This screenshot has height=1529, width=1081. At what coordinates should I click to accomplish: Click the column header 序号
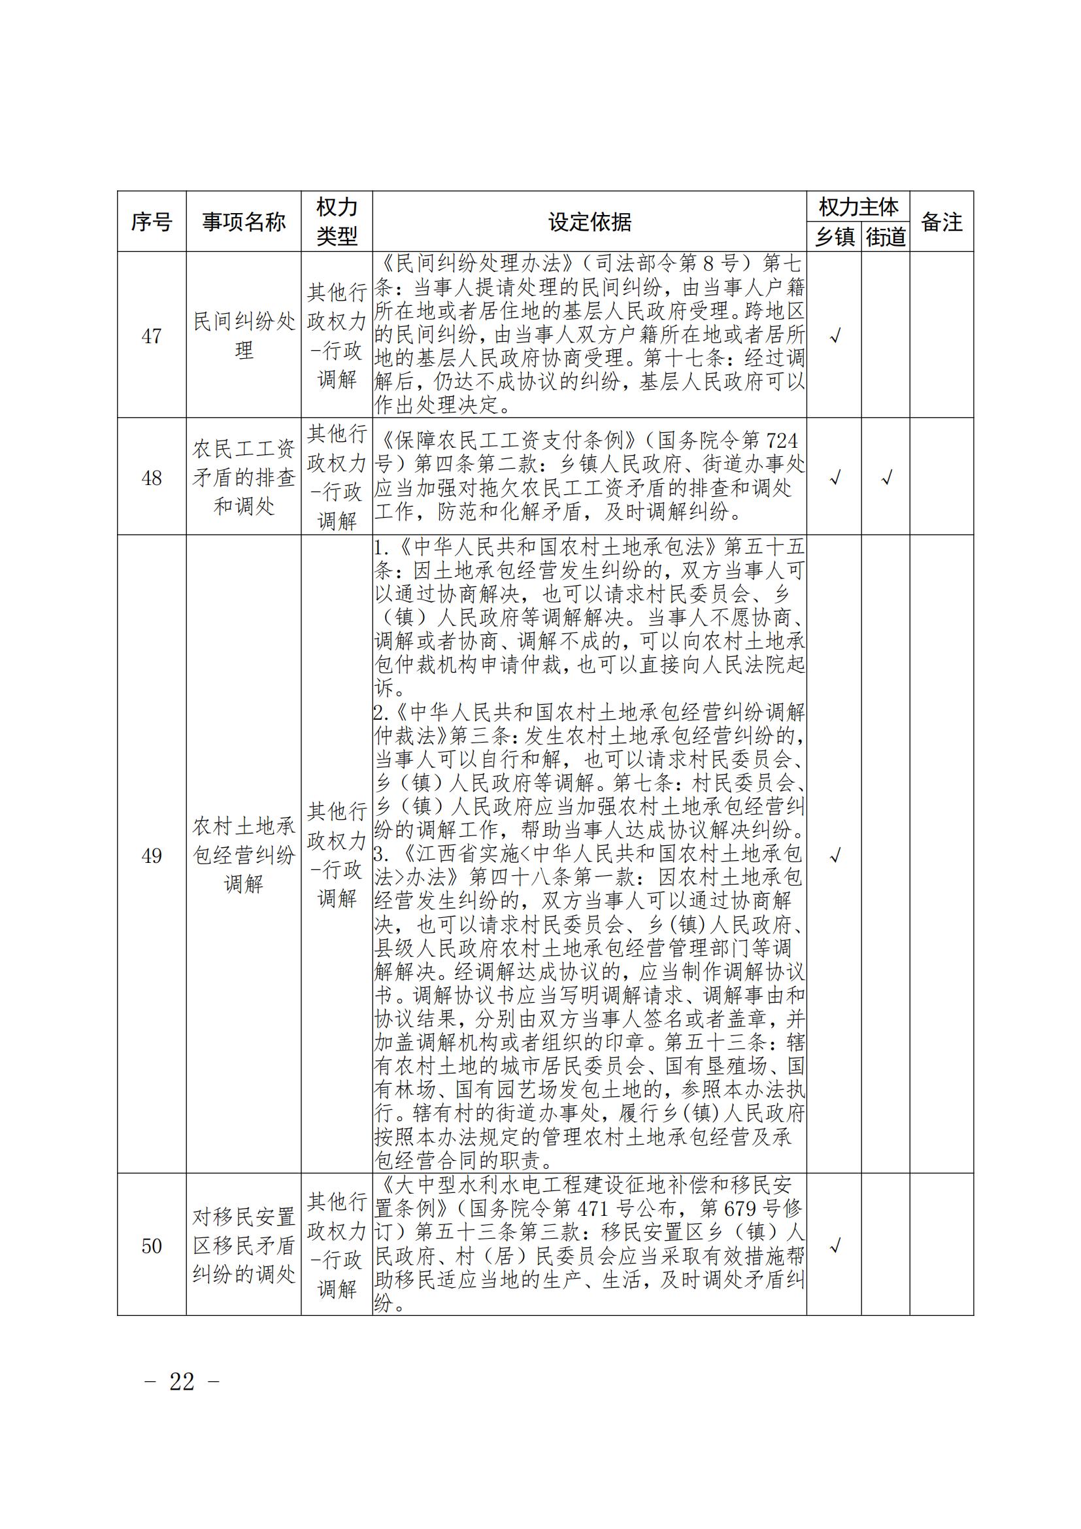pyautogui.click(x=151, y=222)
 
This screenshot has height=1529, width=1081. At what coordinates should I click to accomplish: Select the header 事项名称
pyautogui.click(x=244, y=222)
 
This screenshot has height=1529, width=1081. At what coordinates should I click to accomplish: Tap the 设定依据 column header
pyautogui.click(x=589, y=222)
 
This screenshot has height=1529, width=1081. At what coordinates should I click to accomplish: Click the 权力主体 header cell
pyautogui.click(x=858, y=207)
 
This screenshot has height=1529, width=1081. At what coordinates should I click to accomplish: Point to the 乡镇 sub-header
pyautogui.click(x=834, y=237)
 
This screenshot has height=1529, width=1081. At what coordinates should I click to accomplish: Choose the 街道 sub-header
pyautogui.click(x=886, y=237)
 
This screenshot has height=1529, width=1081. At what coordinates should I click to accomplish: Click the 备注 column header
pyautogui.click(x=941, y=222)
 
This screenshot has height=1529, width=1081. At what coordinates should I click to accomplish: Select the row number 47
pyautogui.click(x=151, y=336)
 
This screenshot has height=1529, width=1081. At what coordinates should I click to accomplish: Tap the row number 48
pyautogui.click(x=151, y=478)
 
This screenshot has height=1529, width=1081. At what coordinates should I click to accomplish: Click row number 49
pyautogui.click(x=151, y=856)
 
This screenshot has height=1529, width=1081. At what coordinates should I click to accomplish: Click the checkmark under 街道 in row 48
pyautogui.click(x=886, y=478)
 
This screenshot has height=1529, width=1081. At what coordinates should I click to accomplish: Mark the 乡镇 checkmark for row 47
pyautogui.click(x=835, y=336)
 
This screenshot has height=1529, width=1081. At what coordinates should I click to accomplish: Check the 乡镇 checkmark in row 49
pyautogui.click(x=835, y=855)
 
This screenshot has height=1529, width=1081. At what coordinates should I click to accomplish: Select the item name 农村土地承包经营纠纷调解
pyautogui.click(x=244, y=855)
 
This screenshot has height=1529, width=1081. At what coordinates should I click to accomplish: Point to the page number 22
pyautogui.click(x=182, y=1382)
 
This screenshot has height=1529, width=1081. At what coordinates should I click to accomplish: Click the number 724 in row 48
pyautogui.click(x=782, y=441)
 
